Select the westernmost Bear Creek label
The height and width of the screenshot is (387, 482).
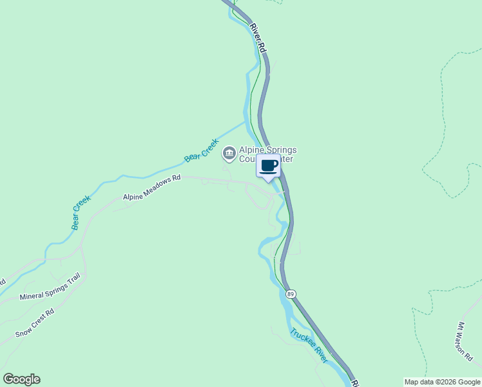click(81, 213)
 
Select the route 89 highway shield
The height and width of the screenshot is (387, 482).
click(291, 293)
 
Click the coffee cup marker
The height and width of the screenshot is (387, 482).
click(269, 166)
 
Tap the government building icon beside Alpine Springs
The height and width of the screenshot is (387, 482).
click(228, 154)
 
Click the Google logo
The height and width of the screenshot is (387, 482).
click(21, 379)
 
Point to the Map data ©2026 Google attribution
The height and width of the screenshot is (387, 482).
click(442, 382)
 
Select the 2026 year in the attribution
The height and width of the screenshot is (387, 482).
click(445, 382)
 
